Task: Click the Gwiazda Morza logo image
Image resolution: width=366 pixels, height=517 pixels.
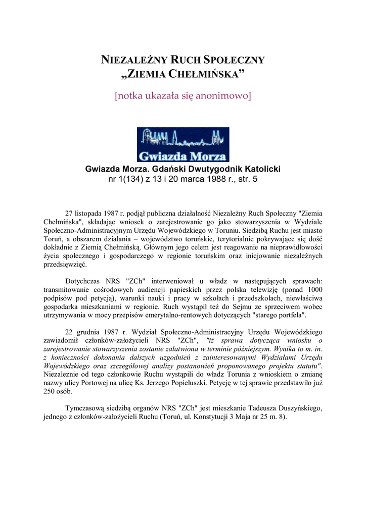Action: click(x=183, y=144)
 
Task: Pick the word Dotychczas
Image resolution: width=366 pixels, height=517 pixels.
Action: click(x=83, y=281)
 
